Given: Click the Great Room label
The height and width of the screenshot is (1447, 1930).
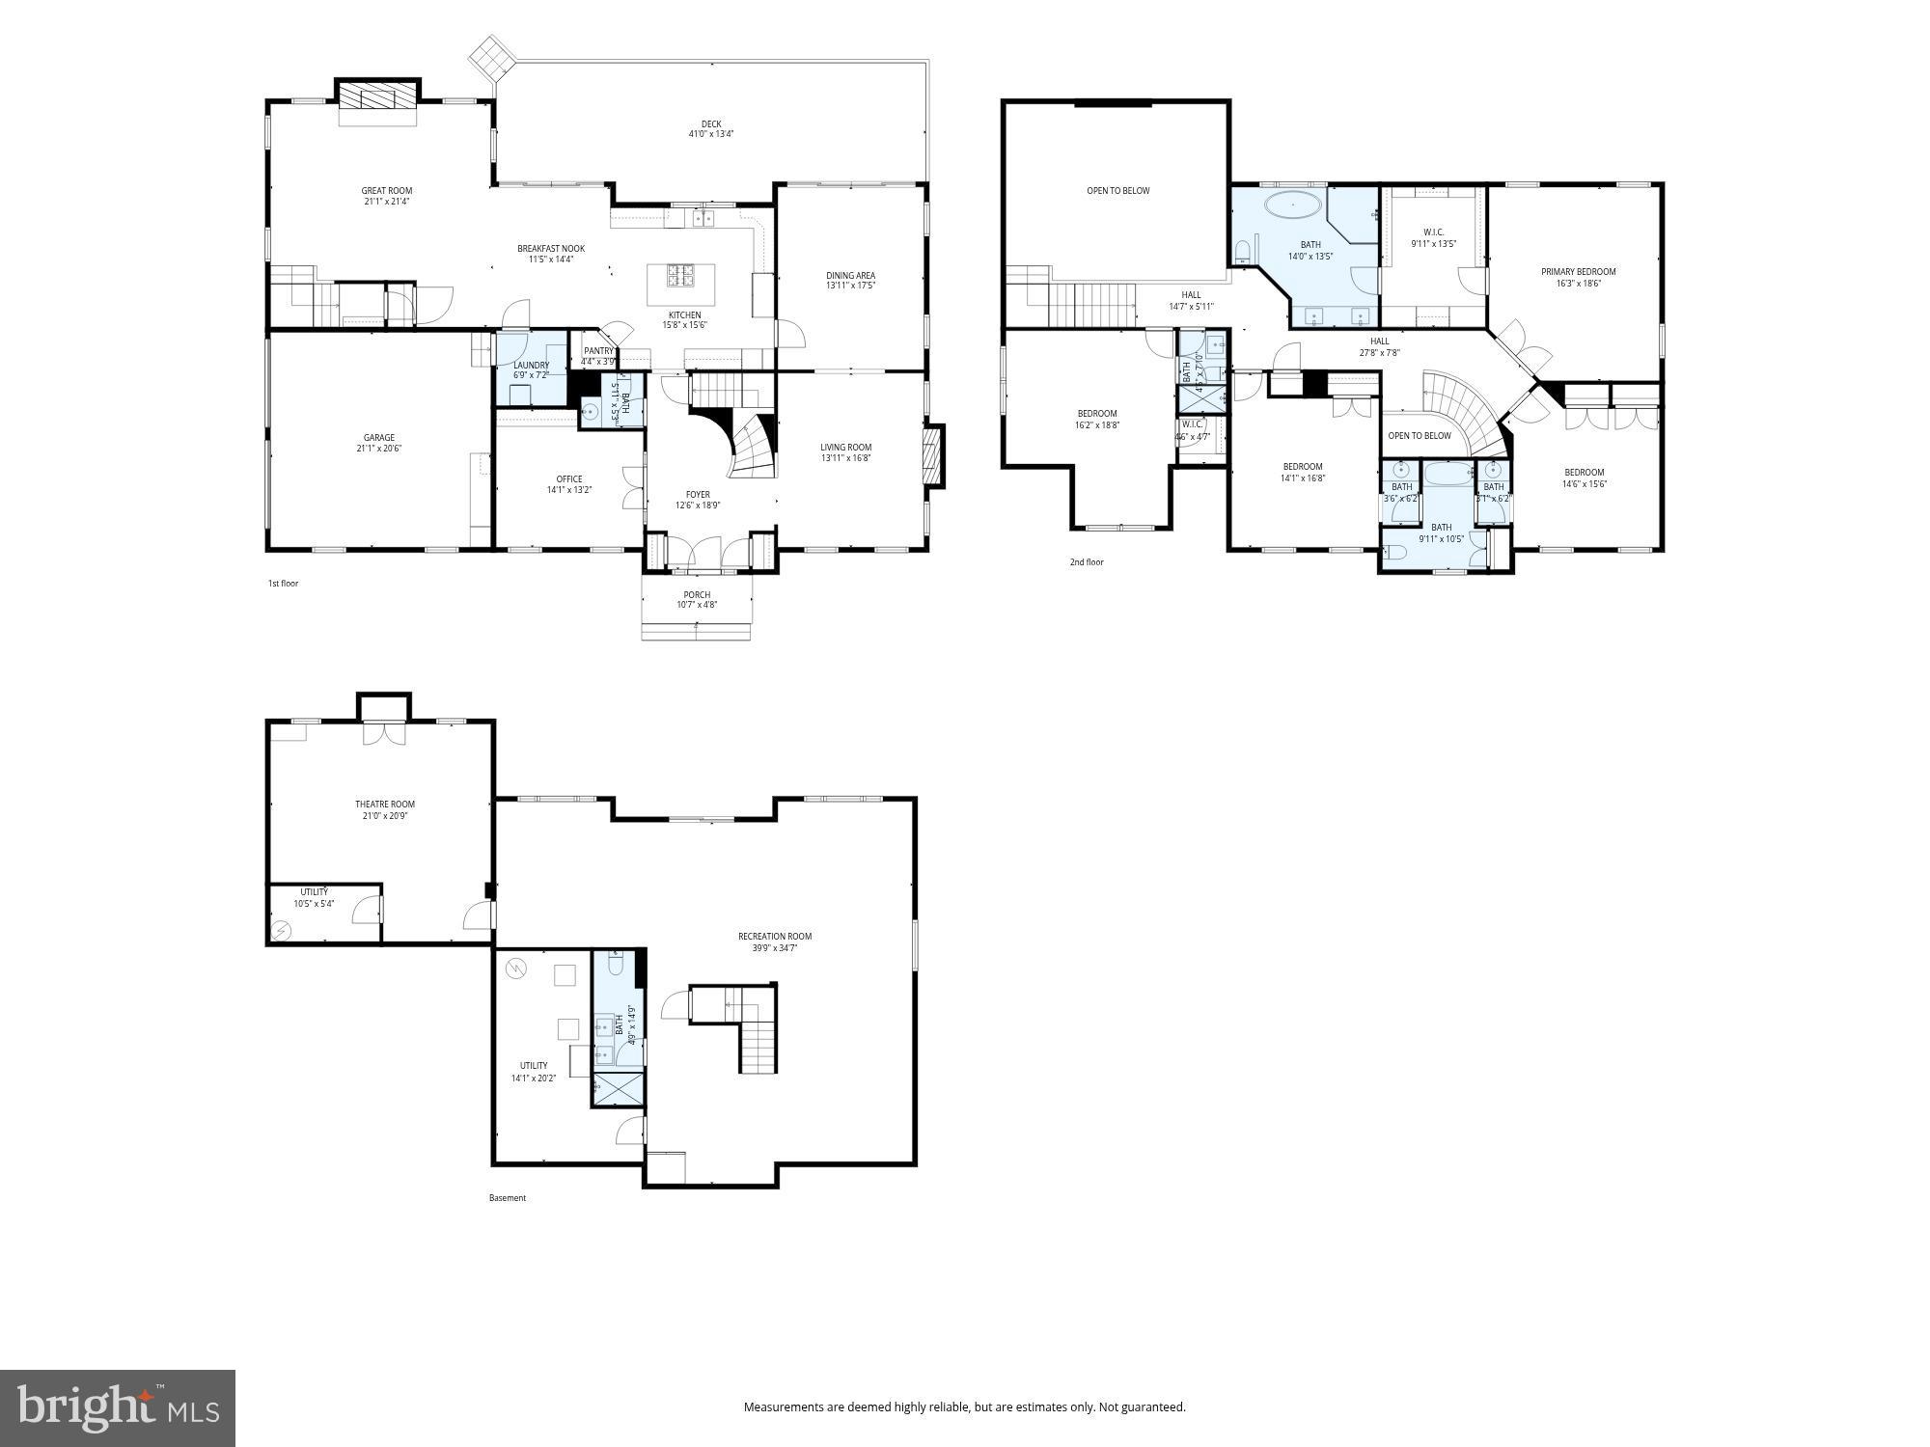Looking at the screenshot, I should tap(387, 191).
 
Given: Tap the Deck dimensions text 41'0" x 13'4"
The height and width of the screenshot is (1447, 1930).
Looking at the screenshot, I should tap(711, 135).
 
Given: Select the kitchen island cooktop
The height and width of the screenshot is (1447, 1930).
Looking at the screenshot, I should tap(680, 276).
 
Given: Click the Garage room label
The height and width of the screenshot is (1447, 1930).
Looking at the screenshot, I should tap(379, 438).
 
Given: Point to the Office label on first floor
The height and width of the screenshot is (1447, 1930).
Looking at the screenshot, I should tap(569, 479).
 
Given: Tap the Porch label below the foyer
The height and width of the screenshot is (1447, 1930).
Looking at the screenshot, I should tap(697, 595).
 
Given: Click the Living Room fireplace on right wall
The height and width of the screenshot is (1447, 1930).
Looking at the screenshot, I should tap(932, 456).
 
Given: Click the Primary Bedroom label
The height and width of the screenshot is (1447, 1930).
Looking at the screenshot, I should tap(1578, 272).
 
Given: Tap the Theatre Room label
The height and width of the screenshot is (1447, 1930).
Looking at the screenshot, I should tap(385, 805).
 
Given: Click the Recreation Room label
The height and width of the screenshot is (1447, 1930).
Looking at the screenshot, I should tap(775, 937).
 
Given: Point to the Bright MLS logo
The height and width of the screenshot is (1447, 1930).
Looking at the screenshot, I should tap(117, 1409).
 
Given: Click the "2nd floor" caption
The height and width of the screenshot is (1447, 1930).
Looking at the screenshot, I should tap(1087, 562).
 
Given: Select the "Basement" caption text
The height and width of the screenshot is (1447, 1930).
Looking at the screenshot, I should tap(508, 1198).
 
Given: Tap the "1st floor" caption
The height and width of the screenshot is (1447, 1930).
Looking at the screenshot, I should tap(283, 584).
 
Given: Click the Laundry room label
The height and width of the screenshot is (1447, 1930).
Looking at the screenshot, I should tap(531, 366).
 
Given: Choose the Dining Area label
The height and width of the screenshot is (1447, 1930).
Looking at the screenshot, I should tap(850, 276).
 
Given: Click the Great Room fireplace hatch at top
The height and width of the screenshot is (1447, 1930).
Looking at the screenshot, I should tap(378, 97).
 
